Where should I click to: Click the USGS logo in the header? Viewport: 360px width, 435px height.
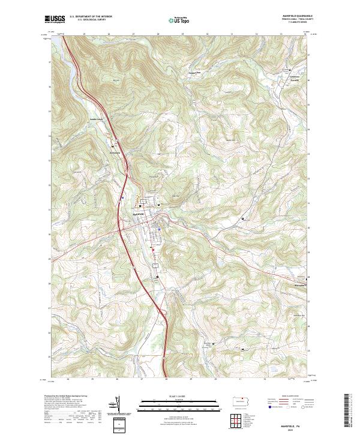pos(53,20)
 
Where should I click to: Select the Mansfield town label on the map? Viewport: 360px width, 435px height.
pos(137,214)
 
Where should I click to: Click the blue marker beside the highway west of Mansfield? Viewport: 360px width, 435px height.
pos(122,197)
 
